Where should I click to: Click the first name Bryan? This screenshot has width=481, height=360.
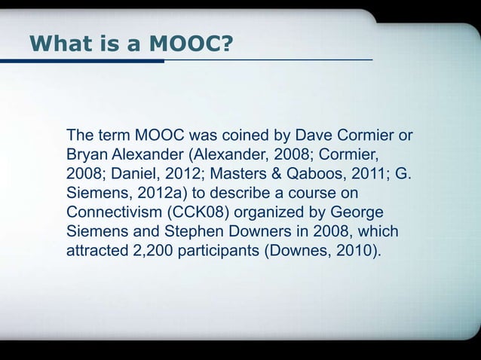pos(88,155)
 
